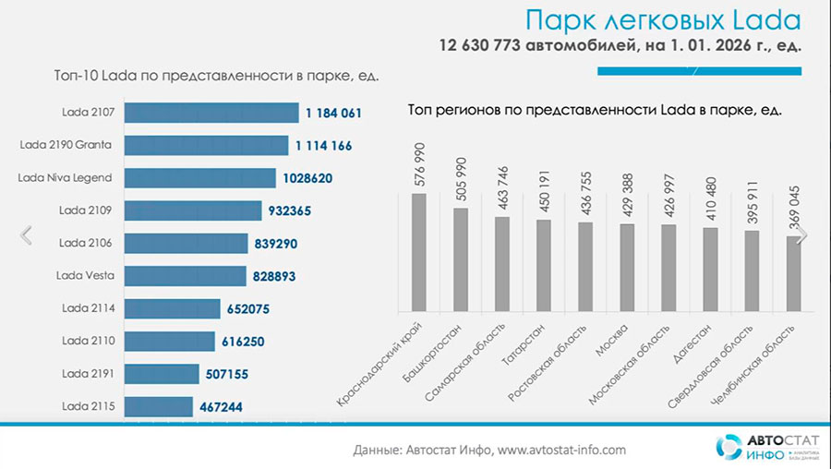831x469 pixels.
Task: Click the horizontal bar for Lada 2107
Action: tap(212, 113)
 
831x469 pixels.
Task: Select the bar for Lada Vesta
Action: tap(185, 275)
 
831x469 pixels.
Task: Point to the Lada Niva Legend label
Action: tap(66, 177)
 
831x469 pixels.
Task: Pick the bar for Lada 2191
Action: tap(162, 373)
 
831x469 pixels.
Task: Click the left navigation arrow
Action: tap(26, 234)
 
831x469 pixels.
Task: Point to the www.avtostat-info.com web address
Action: tap(561, 450)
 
